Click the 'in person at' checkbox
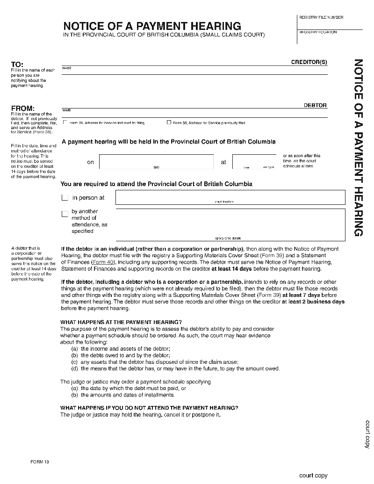click(x=65, y=198)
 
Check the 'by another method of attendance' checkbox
click(x=65, y=214)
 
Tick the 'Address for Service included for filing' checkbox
click(x=65, y=123)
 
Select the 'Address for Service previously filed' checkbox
click(x=169, y=123)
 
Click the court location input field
click(x=230, y=197)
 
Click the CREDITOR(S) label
click(x=309, y=62)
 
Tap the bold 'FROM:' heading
click(x=23, y=108)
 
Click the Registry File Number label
click(x=321, y=17)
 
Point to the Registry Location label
click(x=318, y=32)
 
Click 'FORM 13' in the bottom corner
click(x=40, y=462)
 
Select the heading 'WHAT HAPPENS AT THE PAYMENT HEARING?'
click(x=121, y=322)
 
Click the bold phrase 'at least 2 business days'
click(x=313, y=302)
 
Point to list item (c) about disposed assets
click(x=155, y=362)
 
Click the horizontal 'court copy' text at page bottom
click(x=313, y=476)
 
